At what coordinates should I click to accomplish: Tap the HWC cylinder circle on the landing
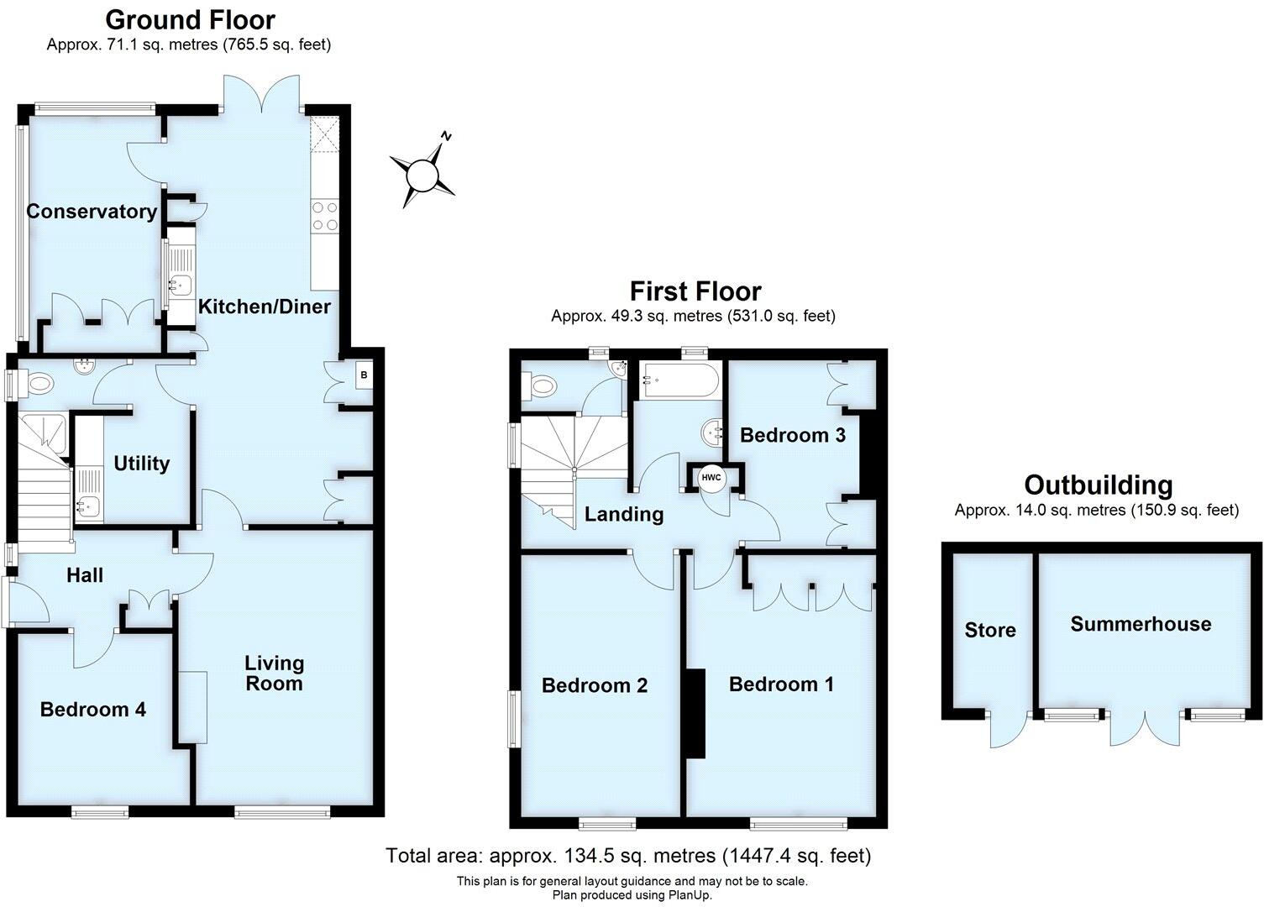point(711,478)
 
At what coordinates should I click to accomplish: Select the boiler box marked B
point(364,375)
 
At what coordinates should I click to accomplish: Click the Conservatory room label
point(92,212)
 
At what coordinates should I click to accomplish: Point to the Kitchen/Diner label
point(265,307)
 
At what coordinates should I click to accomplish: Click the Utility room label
point(142,464)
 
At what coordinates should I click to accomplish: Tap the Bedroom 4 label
point(93,710)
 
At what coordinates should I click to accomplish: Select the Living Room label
point(274,674)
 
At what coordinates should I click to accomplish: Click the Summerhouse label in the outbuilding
point(1141,624)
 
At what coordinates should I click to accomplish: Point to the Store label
point(990,631)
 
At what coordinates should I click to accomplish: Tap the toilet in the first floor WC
point(543,386)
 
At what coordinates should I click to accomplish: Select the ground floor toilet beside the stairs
point(39,385)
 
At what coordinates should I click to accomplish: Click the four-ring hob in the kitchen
point(324,216)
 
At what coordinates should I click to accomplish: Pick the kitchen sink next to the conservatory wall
point(181,286)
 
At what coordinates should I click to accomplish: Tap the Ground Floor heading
point(190,19)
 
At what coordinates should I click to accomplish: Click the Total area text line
point(628,856)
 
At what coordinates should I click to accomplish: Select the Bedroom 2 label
point(595,686)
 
